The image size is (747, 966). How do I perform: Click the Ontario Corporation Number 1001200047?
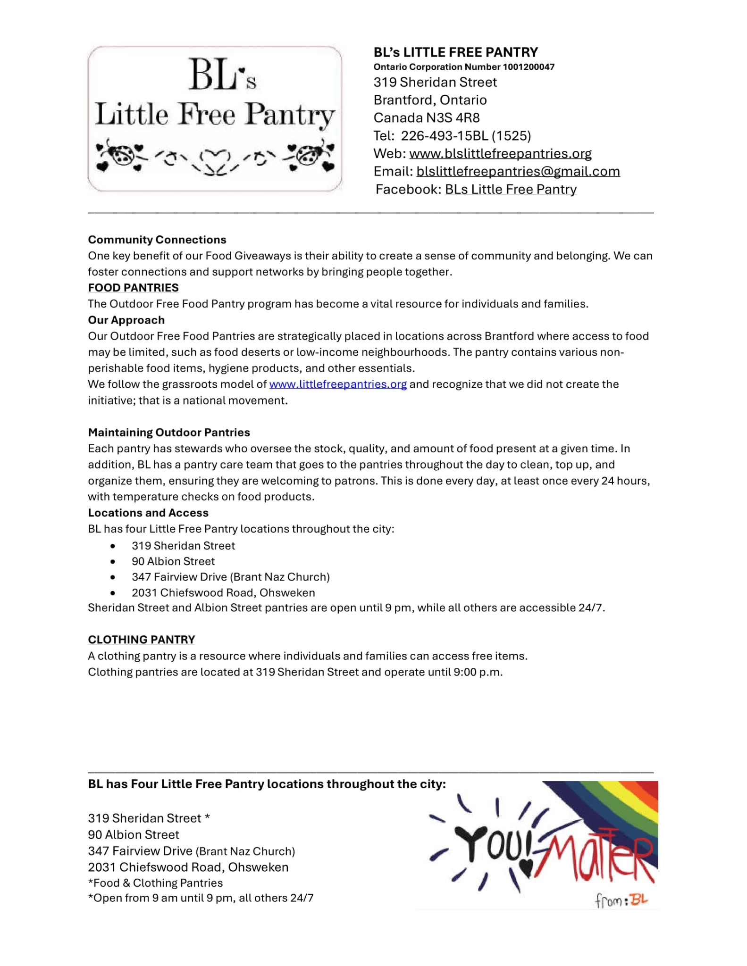point(464,67)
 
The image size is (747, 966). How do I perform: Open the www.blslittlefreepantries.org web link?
point(500,154)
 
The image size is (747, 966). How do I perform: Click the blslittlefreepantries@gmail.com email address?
point(518,172)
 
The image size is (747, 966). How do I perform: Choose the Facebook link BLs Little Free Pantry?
point(511,190)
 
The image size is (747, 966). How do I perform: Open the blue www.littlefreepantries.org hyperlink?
point(338,384)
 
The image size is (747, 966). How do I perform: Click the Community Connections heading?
point(157,240)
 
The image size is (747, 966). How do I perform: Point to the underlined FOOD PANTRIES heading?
point(133,288)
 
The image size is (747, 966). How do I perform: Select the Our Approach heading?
point(126,320)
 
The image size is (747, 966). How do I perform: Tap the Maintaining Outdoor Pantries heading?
point(169,433)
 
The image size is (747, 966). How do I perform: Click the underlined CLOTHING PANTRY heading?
point(141,640)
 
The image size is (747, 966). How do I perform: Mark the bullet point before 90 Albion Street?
point(113,562)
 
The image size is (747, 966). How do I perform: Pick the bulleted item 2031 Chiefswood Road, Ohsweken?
point(223,593)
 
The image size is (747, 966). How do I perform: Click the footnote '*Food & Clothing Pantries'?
point(155,883)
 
